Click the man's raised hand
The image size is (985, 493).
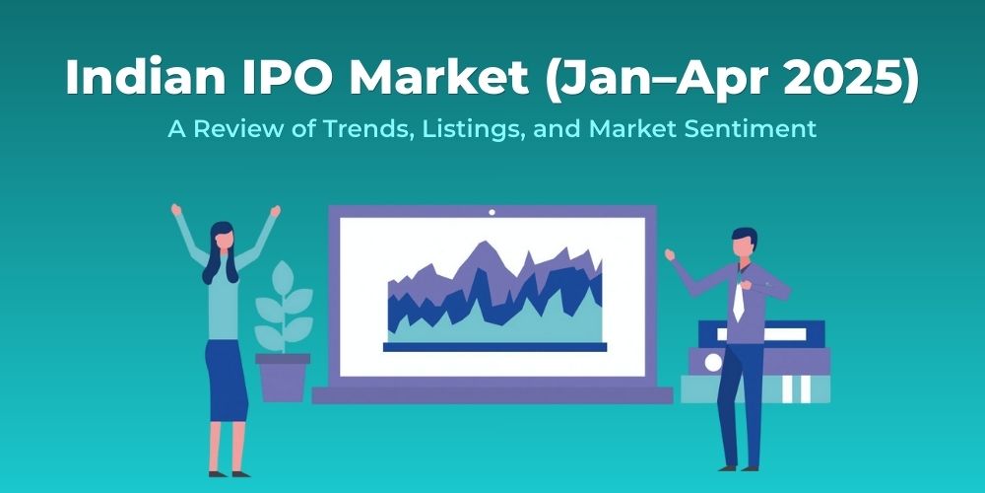tap(669, 254)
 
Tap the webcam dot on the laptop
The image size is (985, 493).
tap(491, 211)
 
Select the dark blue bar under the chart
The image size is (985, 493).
tap(493, 347)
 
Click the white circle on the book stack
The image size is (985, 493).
tap(713, 363)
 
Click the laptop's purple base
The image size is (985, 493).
tap(492, 395)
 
